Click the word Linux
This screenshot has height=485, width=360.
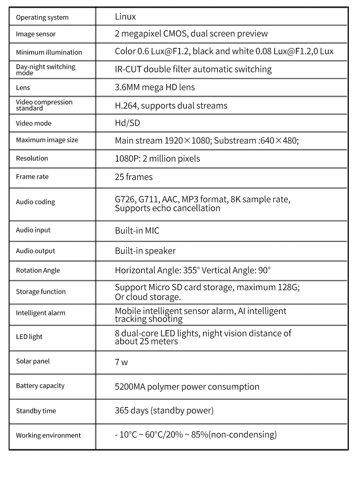tap(125, 17)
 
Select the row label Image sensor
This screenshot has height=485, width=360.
tap(36, 34)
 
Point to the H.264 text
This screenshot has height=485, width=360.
tap(126, 106)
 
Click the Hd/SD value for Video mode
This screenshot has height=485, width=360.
tap(127, 123)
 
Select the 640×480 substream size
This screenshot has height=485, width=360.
tap(278, 141)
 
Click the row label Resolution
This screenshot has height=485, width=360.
tap(32, 158)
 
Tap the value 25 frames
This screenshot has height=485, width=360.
tap(134, 177)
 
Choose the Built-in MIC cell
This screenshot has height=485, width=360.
tap(137, 231)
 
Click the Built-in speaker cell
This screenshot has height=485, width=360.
tap(145, 251)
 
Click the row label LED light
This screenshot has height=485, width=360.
tap(29, 337)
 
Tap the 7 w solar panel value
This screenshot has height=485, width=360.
tap(121, 362)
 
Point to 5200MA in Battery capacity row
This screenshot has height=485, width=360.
tap(130, 387)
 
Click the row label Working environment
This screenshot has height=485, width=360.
tap(48, 435)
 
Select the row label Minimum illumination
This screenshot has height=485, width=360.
tap(49, 52)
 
